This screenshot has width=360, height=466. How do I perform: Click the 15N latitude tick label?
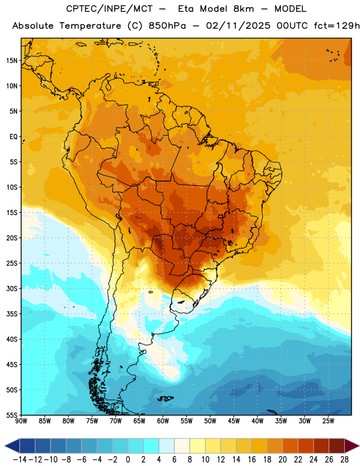click(12, 61)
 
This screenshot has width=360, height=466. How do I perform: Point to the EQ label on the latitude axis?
click(13, 137)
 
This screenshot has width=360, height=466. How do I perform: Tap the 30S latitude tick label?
click(12, 288)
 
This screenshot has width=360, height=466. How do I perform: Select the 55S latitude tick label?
click(12, 415)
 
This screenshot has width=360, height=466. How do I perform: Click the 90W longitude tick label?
click(21, 421)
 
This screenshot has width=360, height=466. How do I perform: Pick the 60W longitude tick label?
click(163, 421)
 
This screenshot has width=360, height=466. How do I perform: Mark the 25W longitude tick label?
click(328, 421)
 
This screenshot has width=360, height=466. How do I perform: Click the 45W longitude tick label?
click(234, 421)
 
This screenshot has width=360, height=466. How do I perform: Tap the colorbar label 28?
click(344, 460)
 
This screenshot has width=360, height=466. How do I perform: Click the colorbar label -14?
click(20, 460)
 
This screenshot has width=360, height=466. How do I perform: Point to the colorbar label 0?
click(128, 460)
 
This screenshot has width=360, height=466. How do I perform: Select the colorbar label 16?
click(252, 460)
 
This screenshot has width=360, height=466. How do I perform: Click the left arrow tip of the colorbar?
click(5, 446)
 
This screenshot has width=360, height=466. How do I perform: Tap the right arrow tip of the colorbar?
click(359, 446)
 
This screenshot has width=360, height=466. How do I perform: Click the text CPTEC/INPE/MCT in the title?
click(110, 9)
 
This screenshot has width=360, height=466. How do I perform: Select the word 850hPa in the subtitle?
click(167, 26)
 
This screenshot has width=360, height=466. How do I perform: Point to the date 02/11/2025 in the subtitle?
click(238, 26)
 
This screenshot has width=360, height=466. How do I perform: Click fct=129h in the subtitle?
click(337, 26)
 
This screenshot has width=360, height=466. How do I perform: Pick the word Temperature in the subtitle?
click(90, 26)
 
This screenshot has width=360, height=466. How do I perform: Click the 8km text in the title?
click(243, 9)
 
